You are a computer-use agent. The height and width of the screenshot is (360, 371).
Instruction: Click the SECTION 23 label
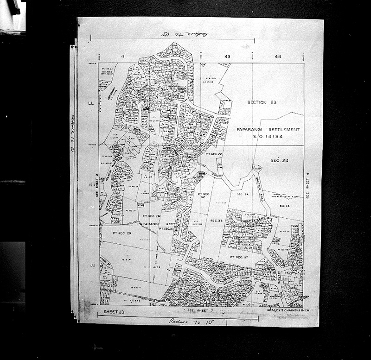click(x=262, y=102)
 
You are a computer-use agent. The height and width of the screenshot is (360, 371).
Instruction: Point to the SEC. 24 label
click(x=280, y=160)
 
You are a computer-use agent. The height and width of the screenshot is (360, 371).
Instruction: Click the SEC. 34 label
click(x=243, y=195)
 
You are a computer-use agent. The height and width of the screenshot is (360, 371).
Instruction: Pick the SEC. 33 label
click(x=217, y=220)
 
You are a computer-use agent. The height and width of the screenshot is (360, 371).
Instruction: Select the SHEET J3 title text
click(x=114, y=313)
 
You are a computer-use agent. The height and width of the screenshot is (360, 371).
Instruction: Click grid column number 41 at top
click(x=123, y=56)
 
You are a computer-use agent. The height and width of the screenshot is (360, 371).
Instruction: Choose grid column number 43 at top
click(x=227, y=57)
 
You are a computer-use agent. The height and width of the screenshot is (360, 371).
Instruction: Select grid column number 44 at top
click(x=278, y=57)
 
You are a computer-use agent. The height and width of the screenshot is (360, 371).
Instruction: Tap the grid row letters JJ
click(x=92, y=265)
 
